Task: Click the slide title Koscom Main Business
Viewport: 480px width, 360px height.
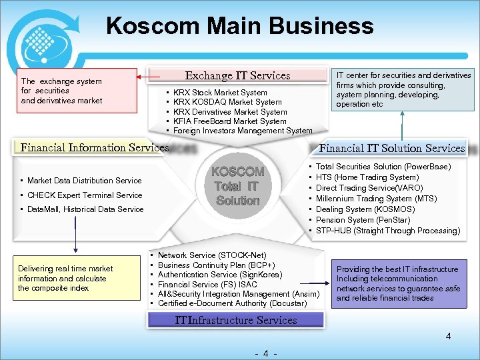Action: click(239, 26)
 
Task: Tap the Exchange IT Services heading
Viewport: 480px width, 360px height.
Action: click(237, 76)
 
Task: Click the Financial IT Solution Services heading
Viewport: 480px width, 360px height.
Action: click(392, 148)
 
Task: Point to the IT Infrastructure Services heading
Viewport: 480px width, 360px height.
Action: click(236, 320)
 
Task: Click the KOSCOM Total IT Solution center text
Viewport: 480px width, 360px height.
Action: click(238, 186)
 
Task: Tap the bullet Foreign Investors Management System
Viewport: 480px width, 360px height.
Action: click(243, 131)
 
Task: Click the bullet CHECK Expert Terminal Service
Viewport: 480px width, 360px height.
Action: click(85, 195)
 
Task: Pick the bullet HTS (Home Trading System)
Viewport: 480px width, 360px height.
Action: click(367, 177)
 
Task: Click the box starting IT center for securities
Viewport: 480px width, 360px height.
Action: click(403, 89)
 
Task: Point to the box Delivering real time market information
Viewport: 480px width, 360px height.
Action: click(73, 278)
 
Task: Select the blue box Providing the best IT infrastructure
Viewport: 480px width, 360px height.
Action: click(399, 283)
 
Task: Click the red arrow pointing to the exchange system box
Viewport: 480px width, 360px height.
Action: click(143, 77)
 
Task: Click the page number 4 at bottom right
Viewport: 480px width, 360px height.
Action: click(449, 337)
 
